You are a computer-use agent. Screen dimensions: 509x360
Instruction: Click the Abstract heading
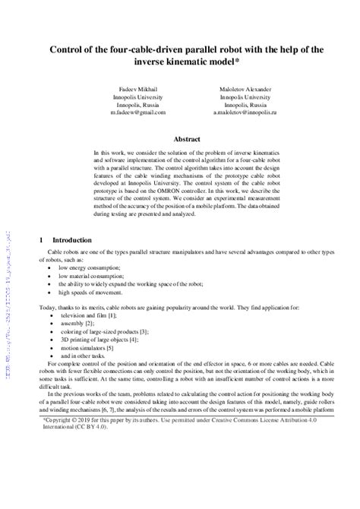(187, 140)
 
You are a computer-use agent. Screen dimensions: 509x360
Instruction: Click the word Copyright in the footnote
(62, 482)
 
